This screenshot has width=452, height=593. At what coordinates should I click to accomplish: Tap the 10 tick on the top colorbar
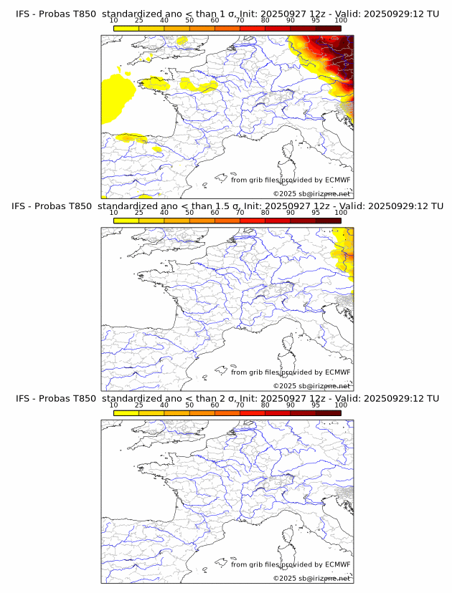[x=113, y=21]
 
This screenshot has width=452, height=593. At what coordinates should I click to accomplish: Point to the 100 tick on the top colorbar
[x=341, y=21]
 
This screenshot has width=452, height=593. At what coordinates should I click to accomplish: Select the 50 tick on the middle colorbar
[x=189, y=213]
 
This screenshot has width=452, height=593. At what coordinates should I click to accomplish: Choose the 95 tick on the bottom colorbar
[x=316, y=405]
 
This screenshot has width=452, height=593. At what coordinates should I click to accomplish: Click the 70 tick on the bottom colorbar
[x=240, y=405]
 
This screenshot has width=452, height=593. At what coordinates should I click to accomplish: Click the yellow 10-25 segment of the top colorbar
[x=126, y=28]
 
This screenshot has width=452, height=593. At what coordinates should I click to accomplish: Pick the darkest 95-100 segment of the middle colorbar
[x=328, y=220]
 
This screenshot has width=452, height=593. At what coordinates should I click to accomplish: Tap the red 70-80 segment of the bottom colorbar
[x=252, y=413]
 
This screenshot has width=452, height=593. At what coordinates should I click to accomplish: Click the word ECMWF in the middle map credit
[x=337, y=372]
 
